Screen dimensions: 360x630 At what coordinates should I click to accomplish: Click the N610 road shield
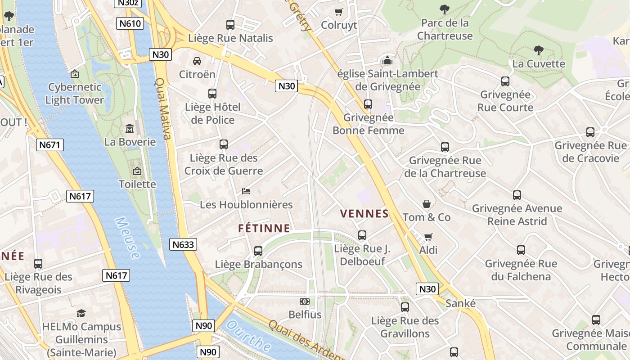pos(130,24)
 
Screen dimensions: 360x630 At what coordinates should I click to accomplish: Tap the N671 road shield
pos(50,145)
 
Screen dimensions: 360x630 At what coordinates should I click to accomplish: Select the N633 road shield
pos(184,244)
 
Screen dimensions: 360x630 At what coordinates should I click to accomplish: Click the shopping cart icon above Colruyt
pos(339,12)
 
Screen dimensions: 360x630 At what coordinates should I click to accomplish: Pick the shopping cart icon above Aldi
pos(428,237)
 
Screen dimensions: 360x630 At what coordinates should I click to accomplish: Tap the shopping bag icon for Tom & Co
pos(426,204)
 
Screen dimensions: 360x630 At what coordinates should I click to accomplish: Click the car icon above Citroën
pos(197,61)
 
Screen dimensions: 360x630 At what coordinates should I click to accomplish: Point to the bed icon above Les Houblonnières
pos(246,191)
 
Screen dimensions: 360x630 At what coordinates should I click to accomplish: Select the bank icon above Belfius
pos(305,301)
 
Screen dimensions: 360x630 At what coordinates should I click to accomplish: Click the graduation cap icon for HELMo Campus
pos(81,313)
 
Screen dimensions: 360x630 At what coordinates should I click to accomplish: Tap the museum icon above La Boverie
pos(130,129)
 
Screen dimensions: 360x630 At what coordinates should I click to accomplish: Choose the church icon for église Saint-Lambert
pos(387,60)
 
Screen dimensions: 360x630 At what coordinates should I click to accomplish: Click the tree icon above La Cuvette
pos(538,50)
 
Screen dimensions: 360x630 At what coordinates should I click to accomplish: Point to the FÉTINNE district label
pos(264,229)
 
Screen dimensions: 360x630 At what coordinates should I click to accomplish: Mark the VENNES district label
pos(364,214)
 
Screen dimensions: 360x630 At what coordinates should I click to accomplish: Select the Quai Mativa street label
pos(163,108)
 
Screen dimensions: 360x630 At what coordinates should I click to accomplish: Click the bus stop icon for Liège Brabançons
pos(258,251)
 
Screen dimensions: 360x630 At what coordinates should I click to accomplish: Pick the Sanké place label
pos(460,303)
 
